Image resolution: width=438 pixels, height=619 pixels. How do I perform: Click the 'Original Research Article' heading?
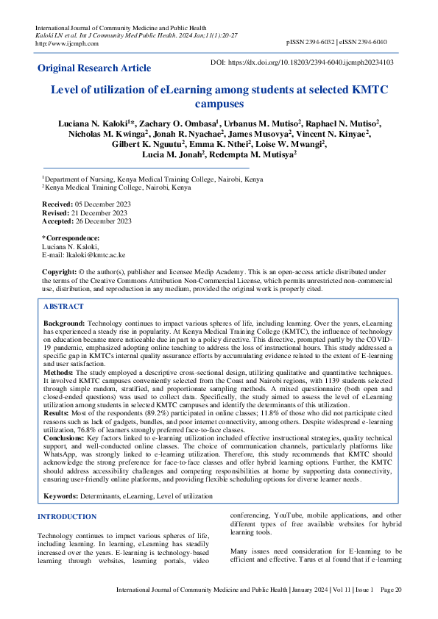pos(94,68)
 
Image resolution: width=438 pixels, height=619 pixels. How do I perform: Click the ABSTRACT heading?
pos(64,307)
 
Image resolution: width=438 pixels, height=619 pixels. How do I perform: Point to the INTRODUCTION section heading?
pos(67,517)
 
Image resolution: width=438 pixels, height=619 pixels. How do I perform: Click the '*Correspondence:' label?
pos(71,237)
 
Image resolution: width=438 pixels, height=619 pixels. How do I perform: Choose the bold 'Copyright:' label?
pos(60,272)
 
